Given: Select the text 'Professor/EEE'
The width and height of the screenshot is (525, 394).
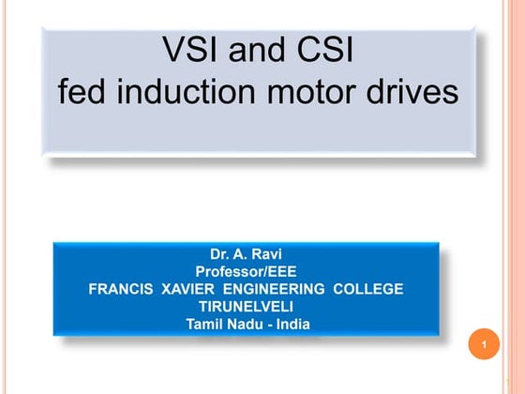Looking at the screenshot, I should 246,270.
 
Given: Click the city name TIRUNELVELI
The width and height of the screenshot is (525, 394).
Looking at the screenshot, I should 246,307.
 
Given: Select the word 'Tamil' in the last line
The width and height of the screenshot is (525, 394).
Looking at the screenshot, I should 203,325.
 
